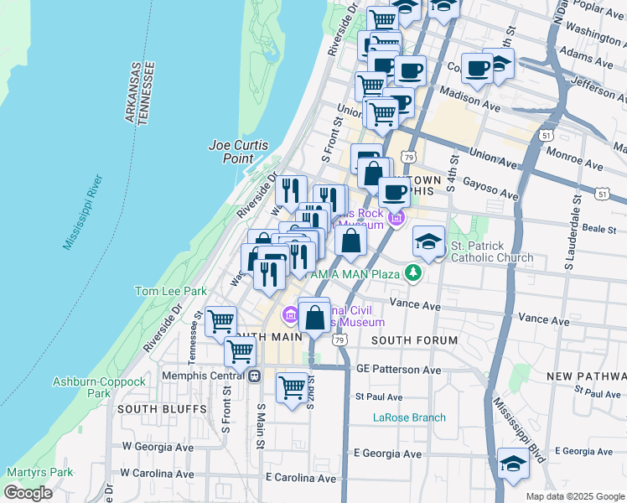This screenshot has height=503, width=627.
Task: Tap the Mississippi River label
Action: tap(83, 213)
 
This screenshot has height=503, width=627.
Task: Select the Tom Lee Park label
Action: tap(171, 291)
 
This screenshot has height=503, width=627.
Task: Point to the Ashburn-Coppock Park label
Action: tap(87, 387)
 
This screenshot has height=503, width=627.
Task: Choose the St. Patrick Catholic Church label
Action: tap(492, 251)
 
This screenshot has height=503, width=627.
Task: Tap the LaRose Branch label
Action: tap(409, 417)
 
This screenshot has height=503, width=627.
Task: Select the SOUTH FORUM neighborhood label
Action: tap(414, 340)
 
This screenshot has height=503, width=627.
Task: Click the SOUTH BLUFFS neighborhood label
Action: tap(162, 408)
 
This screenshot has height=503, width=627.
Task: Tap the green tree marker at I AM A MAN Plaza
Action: tap(412, 272)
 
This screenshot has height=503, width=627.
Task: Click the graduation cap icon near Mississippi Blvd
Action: tap(513, 464)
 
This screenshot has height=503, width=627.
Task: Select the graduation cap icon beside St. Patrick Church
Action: tap(428, 241)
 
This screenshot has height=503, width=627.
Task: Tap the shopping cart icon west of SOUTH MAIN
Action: tap(220, 320)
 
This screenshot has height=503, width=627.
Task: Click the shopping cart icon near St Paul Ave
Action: tap(292, 387)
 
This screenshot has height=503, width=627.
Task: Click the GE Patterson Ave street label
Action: tap(398, 369)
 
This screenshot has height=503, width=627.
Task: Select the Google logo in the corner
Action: tap(28, 493)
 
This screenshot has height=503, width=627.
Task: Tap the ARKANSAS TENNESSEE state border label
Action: tap(140, 93)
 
